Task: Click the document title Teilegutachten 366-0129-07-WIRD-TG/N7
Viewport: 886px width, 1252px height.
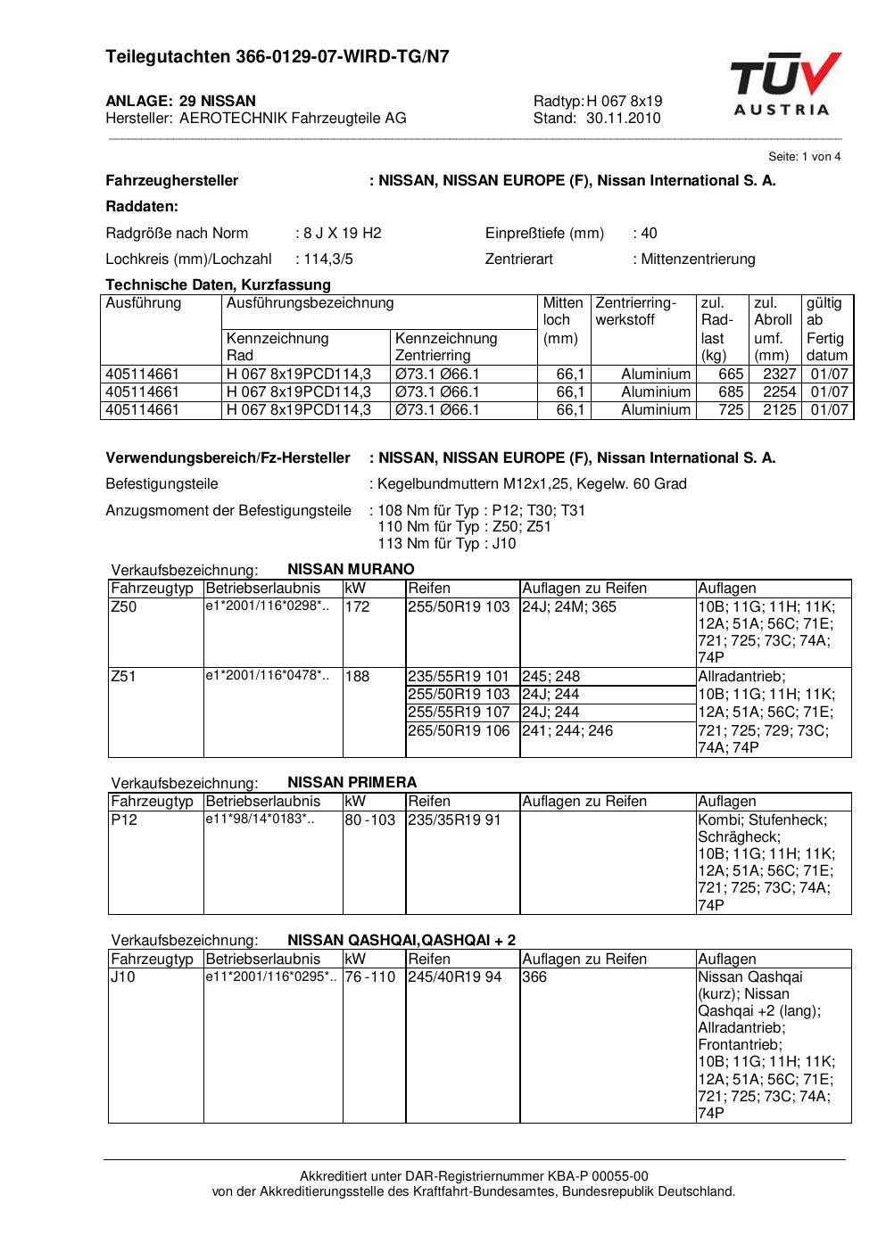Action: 277,57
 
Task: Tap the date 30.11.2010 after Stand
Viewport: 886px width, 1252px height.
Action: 624,119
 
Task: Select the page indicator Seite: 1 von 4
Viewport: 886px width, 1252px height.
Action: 804,157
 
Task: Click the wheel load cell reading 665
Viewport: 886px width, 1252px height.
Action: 731,375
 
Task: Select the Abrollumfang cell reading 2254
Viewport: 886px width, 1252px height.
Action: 779,392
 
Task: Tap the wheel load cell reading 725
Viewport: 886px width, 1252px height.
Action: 731,410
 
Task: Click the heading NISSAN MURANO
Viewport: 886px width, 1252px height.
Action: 351,570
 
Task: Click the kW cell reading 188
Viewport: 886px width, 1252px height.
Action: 357,677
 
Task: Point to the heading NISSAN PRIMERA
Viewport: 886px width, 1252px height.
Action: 352,783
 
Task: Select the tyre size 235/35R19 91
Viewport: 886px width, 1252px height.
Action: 454,820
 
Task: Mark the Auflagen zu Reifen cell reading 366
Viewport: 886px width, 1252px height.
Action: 534,977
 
